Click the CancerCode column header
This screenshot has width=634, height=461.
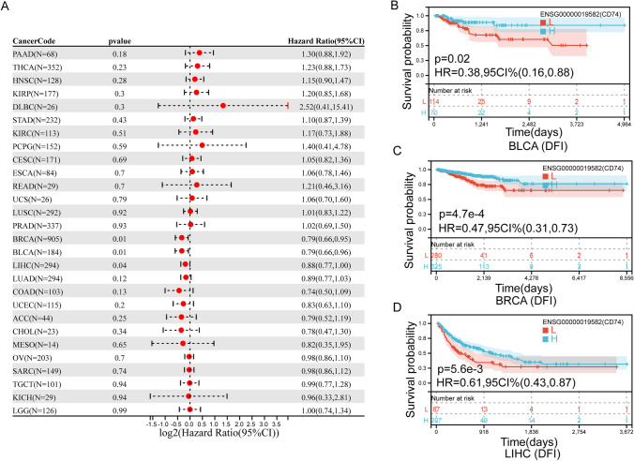coord(36,41)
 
